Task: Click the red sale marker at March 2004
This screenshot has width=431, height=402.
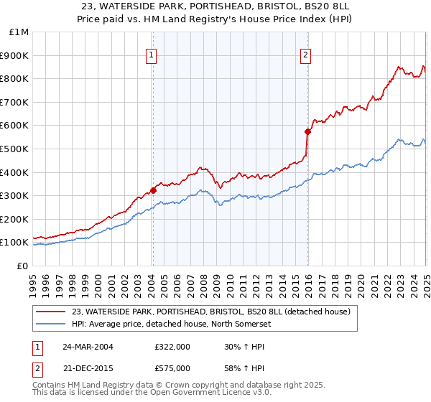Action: (x=153, y=190)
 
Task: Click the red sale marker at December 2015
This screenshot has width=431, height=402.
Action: (x=307, y=131)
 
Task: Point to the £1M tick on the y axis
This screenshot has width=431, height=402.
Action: (x=19, y=32)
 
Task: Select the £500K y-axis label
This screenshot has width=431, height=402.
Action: (x=15, y=149)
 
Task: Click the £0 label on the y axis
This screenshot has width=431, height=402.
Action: (x=22, y=266)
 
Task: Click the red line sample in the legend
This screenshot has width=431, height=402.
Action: (x=51, y=312)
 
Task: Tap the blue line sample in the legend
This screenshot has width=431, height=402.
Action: (x=51, y=324)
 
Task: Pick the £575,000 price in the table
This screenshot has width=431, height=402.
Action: (x=172, y=368)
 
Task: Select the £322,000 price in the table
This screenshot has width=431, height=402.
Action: (x=172, y=347)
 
